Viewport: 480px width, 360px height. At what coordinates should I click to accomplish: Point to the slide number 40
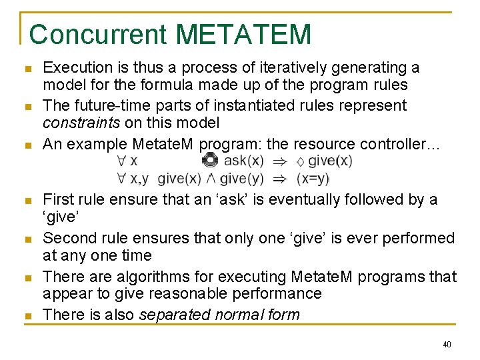click(446, 345)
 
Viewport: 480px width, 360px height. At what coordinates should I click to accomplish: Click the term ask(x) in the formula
click(243, 161)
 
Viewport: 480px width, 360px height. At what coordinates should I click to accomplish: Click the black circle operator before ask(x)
click(209, 160)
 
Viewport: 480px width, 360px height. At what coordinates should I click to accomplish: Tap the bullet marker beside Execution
click(27, 69)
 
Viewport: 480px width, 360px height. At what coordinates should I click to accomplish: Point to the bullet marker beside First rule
click(27, 201)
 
